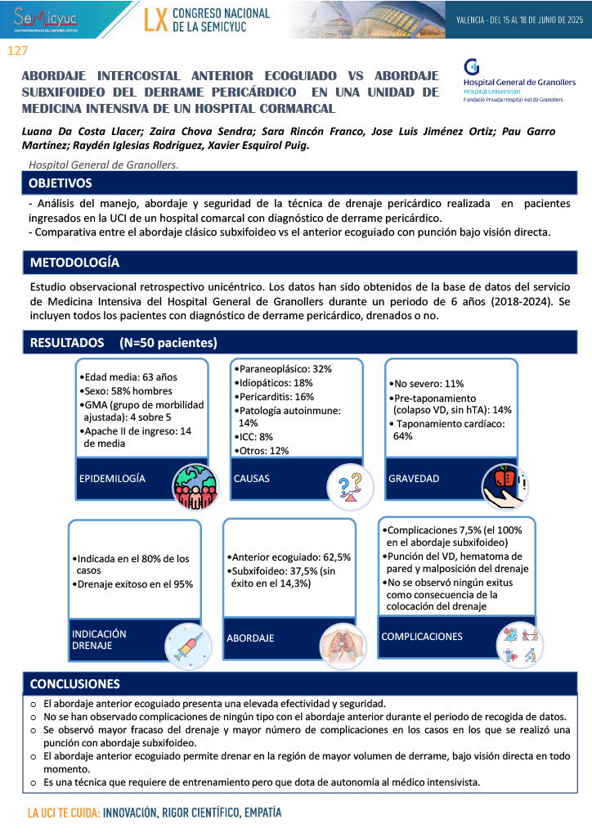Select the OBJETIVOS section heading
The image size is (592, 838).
61,183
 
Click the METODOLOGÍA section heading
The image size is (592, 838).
74,264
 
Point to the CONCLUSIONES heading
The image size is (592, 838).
75,683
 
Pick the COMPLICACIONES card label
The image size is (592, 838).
422,636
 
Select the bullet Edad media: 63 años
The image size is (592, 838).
130,378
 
